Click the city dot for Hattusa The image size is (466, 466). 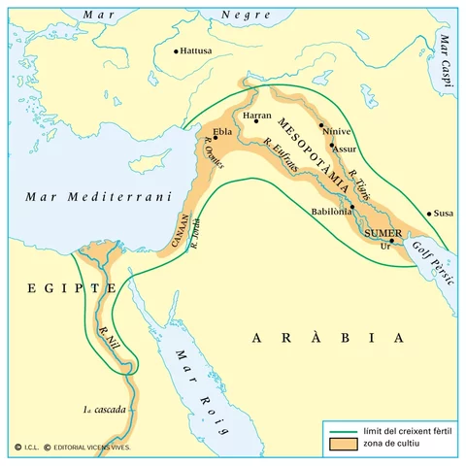click(176, 51)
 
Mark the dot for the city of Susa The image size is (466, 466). click(429, 214)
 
